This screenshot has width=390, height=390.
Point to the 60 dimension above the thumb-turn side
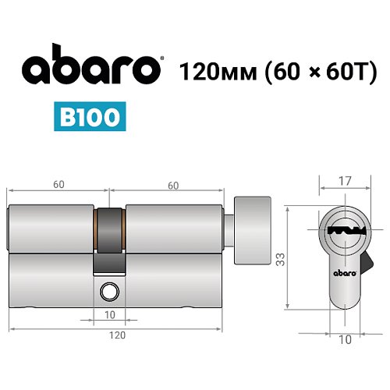click(x=172, y=185)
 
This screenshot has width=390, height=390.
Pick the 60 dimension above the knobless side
click(x=58, y=185)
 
